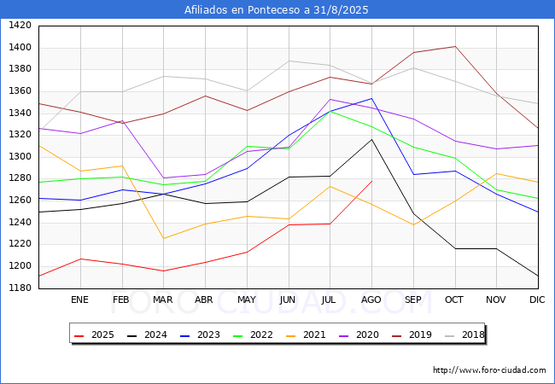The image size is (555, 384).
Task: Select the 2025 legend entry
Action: [94, 335]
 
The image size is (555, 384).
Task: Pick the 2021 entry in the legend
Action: [306, 335]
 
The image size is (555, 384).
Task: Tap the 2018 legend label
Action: [464, 335]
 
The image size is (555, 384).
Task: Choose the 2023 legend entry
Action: [200, 335]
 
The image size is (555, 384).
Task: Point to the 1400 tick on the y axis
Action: [20, 47]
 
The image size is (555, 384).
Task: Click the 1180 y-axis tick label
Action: [20, 288]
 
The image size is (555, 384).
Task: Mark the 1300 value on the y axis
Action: [20, 156]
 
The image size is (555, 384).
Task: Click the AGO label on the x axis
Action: [371, 300]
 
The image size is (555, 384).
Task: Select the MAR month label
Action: [163, 300]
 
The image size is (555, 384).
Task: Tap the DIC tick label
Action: [537, 300]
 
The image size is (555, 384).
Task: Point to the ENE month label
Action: [79, 300]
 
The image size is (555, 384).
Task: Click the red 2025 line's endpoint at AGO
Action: [371, 181]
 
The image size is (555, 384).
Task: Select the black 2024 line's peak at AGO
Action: [371, 139]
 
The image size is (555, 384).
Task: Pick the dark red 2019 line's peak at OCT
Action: [455, 46]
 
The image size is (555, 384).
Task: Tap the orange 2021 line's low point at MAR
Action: [164, 238]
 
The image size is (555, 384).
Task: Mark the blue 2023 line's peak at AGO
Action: [371, 98]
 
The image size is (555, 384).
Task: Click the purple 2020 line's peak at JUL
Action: [330, 99]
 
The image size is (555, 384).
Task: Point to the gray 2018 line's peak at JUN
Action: [289, 61]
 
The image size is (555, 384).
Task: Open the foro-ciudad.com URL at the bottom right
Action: [489, 370]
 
